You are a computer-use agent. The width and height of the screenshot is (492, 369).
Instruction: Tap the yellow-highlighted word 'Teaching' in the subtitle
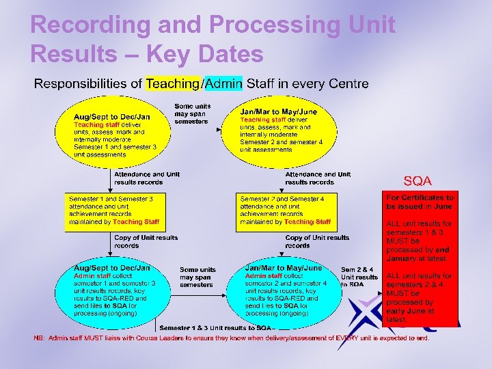coord(174,84)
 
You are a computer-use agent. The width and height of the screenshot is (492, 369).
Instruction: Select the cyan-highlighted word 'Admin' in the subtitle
coord(223,84)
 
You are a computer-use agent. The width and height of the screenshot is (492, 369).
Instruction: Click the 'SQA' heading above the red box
coord(418,181)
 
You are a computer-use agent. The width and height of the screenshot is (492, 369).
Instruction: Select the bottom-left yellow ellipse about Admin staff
coord(113,290)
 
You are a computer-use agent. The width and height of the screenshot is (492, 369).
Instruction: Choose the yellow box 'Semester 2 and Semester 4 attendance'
coord(285,210)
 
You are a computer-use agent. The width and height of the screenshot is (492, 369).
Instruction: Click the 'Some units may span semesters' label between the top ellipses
coord(192,113)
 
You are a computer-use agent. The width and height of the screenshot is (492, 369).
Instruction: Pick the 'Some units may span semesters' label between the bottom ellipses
coord(197,277)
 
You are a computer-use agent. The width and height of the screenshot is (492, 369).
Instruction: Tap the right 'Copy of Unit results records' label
coord(316,241)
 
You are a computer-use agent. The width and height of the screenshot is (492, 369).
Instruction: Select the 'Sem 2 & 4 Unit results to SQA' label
coord(359,277)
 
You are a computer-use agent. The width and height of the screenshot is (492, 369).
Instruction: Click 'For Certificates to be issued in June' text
coord(419,202)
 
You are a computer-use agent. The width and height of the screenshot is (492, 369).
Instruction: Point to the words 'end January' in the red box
coord(424,254)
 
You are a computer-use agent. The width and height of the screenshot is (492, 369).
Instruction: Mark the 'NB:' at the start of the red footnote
coord(40,338)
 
